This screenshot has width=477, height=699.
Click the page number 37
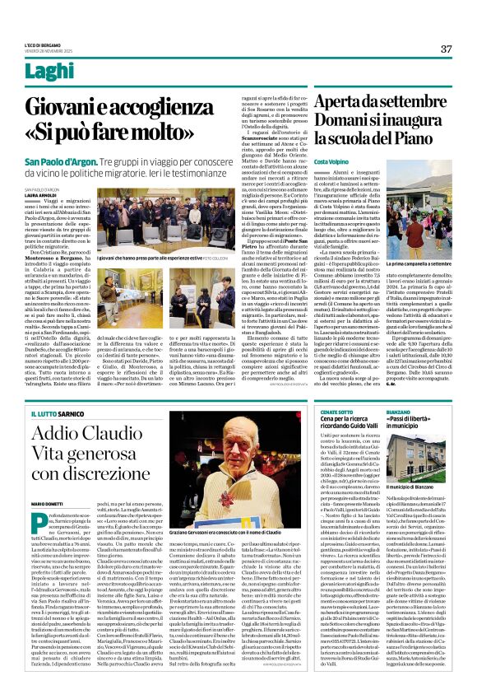click(446, 49)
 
